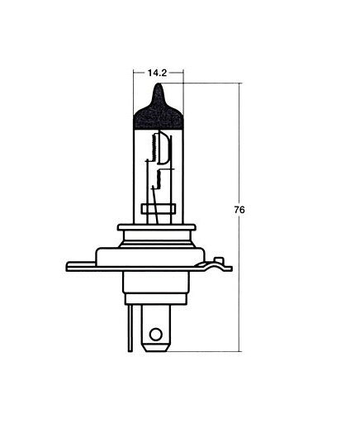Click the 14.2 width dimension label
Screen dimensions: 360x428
click(x=157, y=73)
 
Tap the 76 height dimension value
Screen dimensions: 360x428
click(x=239, y=210)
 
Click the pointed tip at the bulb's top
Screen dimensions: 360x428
click(x=158, y=83)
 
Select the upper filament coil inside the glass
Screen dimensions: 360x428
click(x=154, y=146)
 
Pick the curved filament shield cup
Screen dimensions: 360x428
click(x=164, y=149)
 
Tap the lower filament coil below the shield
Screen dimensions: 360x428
click(x=159, y=179)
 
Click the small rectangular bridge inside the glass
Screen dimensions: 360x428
click(x=158, y=209)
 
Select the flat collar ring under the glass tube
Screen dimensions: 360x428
click(x=157, y=227)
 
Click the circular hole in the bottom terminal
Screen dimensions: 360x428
click(x=155, y=335)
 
